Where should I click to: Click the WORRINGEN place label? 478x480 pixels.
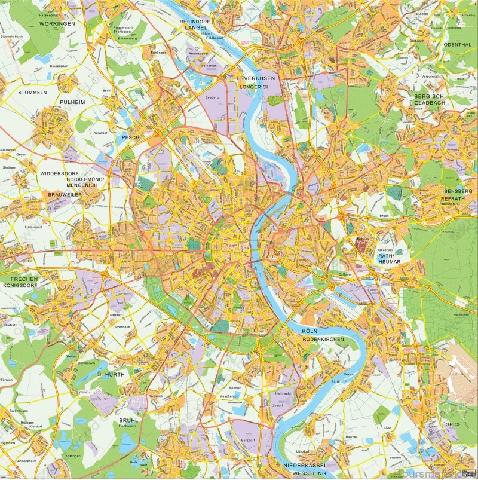[57, 23]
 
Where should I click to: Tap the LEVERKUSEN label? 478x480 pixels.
[255, 78]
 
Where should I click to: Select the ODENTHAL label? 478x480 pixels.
[457, 44]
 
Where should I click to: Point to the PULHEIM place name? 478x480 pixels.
[73, 102]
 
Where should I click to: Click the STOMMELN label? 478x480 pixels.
[32, 93]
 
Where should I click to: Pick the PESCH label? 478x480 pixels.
[130, 137]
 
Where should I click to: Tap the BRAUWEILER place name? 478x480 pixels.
[65, 195]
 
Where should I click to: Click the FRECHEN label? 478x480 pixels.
[20, 279]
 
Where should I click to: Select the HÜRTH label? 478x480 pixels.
[114, 374]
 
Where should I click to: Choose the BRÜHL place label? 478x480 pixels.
[128, 420]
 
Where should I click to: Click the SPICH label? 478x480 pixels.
[454, 424]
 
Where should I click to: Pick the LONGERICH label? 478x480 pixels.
[255, 87]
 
